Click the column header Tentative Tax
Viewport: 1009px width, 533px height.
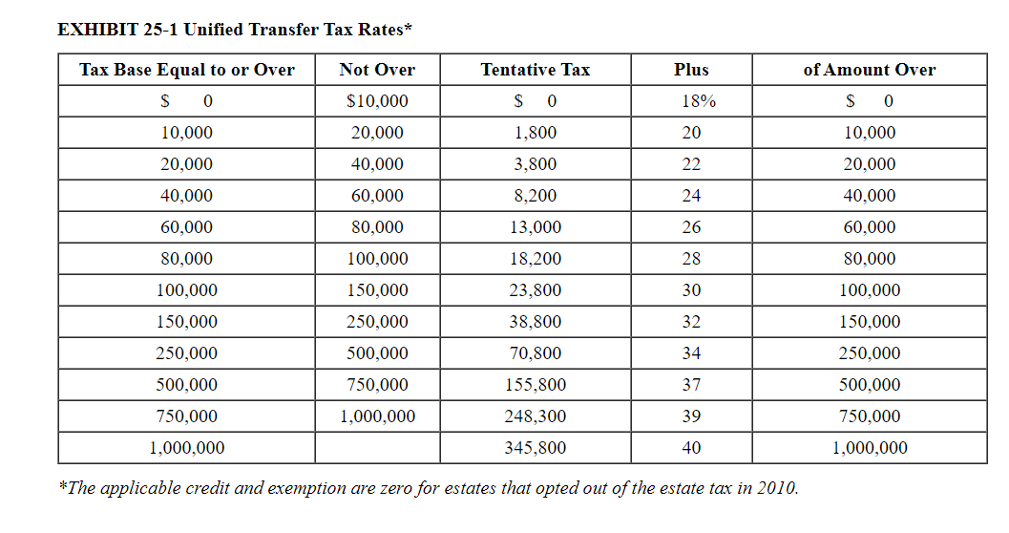pos(535,70)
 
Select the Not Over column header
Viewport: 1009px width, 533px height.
pos(377,70)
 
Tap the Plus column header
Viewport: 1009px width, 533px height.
pos(691,70)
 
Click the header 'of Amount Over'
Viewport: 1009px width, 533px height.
pos(869,70)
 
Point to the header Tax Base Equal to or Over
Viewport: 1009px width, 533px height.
pos(186,70)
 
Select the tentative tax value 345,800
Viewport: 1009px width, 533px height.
pos(535,448)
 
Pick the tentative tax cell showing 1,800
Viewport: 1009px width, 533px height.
pos(535,133)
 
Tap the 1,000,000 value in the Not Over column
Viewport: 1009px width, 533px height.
pos(377,416)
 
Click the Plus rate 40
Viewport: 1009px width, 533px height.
pos(691,448)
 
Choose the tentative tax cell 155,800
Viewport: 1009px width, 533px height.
pos(535,385)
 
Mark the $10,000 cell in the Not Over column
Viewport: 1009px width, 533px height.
pos(377,101)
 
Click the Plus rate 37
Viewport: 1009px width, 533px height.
pos(691,385)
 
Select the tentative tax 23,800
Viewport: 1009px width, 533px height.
pos(535,290)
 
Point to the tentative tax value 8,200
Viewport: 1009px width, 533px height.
pos(535,196)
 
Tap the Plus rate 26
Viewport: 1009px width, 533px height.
pos(691,227)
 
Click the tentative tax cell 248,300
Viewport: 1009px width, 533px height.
pos(535,416)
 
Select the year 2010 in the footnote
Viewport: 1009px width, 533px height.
pos(775,488)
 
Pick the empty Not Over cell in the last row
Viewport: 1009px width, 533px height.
pos(377,448)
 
